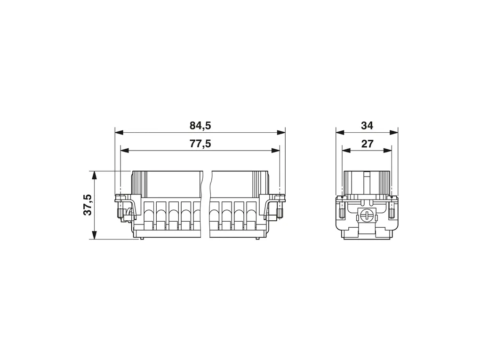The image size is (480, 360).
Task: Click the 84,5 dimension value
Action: pos(200,126)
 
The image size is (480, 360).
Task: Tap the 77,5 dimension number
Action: pos(200,143)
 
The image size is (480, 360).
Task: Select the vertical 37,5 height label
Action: pos(88,205)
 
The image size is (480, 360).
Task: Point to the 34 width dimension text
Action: pos(367,126)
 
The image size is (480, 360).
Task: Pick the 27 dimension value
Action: pos(367,143)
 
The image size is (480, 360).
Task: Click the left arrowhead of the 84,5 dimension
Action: pos(119,133)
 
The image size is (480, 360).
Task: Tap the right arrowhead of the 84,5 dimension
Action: pos(281,133)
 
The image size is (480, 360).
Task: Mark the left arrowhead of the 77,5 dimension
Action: pos(125,150)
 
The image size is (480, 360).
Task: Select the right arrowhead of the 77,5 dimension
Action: pos(275,150)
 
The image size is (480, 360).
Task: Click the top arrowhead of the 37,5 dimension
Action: pos(95,176)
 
